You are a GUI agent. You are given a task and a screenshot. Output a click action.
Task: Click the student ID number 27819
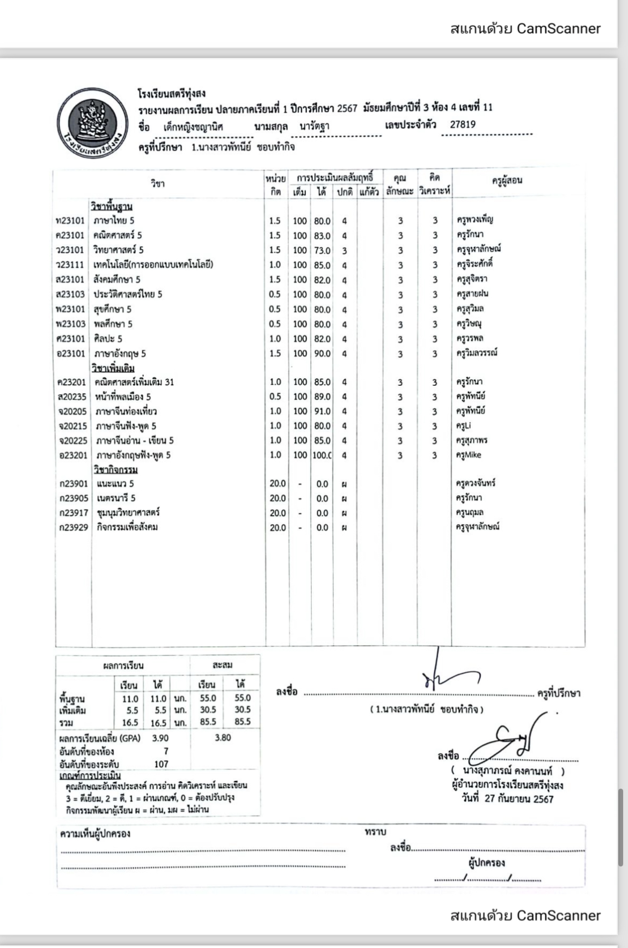[x=463, y=124]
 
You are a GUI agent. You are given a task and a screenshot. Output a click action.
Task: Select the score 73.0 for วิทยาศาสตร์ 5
[x=322, y=251]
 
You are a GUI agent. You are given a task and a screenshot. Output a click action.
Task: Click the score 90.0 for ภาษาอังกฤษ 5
[x=322, y=354]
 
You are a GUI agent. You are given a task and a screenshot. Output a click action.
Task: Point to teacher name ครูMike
[x=469, y=455]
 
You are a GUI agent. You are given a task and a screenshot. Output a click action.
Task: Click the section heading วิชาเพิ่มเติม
[x=113, y=369]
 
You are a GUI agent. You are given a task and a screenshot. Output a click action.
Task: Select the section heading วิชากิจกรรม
[x=115, y=470]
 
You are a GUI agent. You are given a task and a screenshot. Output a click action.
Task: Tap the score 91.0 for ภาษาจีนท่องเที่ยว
[x=322, y=411]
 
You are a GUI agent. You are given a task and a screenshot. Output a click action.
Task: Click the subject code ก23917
[x=74, y=513]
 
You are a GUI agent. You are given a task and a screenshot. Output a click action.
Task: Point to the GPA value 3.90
[x=160, y=738]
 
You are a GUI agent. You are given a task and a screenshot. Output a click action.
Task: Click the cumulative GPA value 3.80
[x=223, y=738]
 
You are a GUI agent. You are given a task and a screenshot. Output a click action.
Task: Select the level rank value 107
[x=161, y=764]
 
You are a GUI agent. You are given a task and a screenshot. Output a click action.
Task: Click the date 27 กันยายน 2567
[x=519, y=798]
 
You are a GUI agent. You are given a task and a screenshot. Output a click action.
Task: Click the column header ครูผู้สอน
[x=507, y=181]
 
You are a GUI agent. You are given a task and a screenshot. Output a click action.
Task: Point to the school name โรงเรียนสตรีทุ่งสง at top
[x=172, y=94]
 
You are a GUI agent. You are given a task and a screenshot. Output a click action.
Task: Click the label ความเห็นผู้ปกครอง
[x=95, y=834]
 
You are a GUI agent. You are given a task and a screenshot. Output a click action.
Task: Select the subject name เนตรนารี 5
[x=116, y=498]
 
